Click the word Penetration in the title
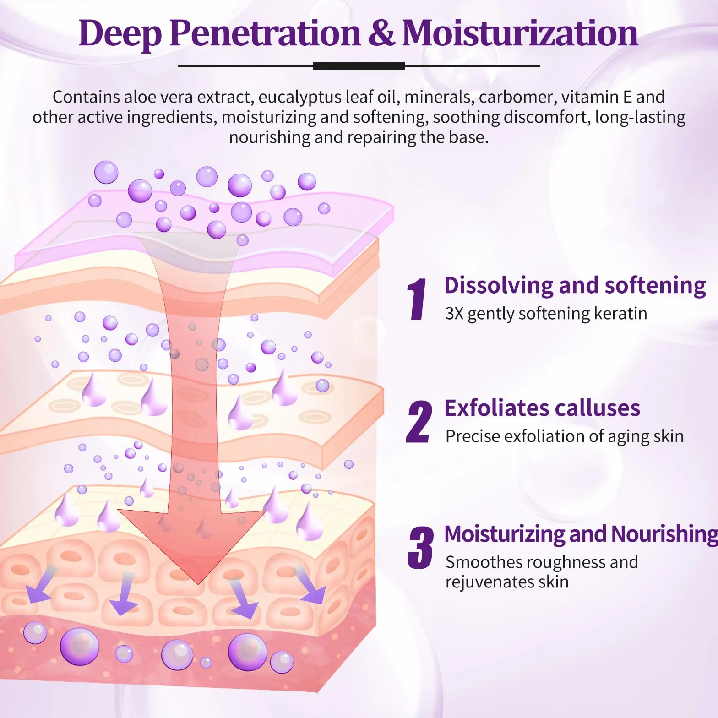tap(265, 33)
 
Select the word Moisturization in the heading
tap(520, 33)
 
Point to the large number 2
tap(419, 421)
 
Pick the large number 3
tap(420, 548)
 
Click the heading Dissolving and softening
tap(575, 286)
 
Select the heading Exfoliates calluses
tap(542, 408)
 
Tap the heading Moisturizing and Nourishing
tap(581, 534)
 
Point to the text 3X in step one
tap(454, 314)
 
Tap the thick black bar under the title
tap(359, 66)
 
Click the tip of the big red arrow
tap(198, 584)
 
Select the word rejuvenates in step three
tap(490, 582)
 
